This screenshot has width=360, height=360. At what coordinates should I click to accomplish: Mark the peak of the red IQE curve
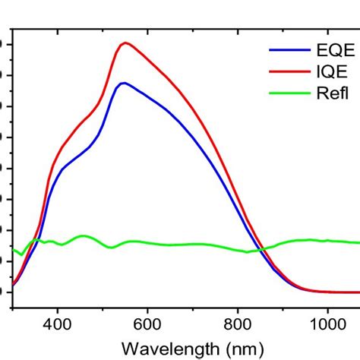[125, 43]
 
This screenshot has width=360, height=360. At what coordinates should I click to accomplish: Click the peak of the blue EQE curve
[123, 83]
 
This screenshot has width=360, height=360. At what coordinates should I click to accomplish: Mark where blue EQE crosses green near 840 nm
[257, 250]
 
